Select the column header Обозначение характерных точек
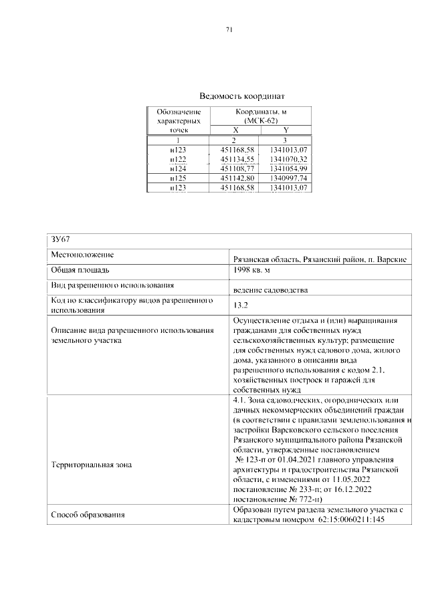tap(178, 121)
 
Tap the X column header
tap(235, 130)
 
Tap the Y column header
tap(286, 130)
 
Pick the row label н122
tap(178, 159)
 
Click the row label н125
tap(178, 178)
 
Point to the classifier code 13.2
tap(240, 305)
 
